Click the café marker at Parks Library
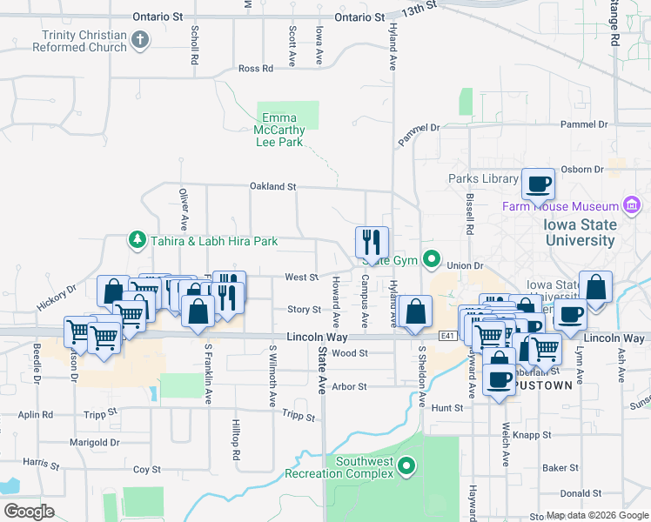click(x=538, y=184)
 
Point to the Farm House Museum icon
click(x=633, y=206)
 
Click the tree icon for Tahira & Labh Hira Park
click(x=136, y=238)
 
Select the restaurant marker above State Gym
click(x=372, y=242)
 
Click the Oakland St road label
click(x=273, y=186)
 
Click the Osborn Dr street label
click(x=585, y=170)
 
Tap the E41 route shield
click(x=448, y=336)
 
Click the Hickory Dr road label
click(x=57, y=298)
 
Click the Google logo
click(x=30, y=511)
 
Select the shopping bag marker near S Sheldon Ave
click(x=417, y=311)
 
